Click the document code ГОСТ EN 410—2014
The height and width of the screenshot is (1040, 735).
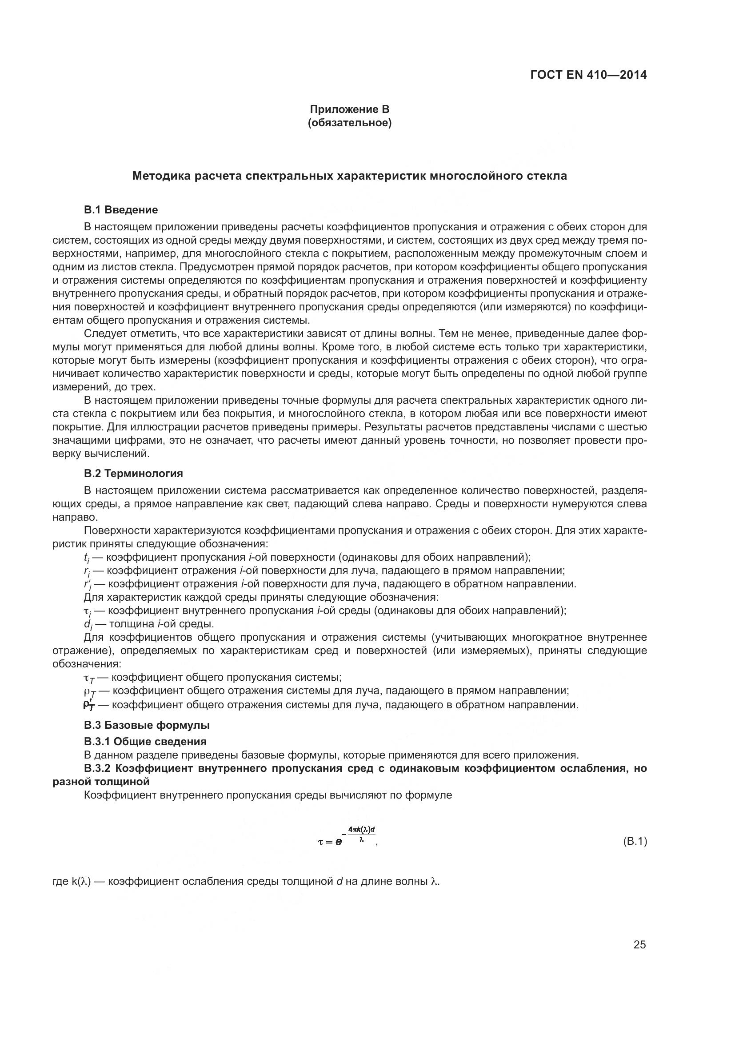point(588,75)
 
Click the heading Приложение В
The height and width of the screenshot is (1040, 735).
point(349,109)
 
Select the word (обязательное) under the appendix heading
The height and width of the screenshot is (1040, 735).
point(349,123)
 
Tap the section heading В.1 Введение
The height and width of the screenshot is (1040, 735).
point(121,210)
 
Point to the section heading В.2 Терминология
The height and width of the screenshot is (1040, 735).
point(133,474)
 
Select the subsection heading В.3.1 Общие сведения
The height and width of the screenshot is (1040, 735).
point(145,742)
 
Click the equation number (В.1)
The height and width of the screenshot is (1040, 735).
point(635,842)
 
